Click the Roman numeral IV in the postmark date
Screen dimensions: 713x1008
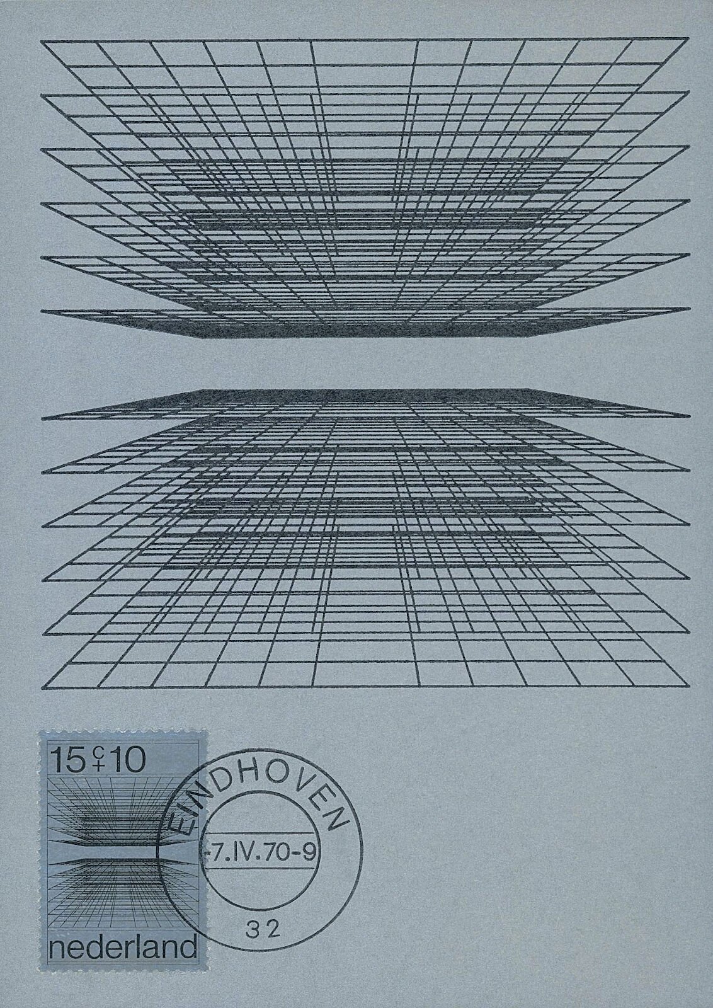tap(258, 852)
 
